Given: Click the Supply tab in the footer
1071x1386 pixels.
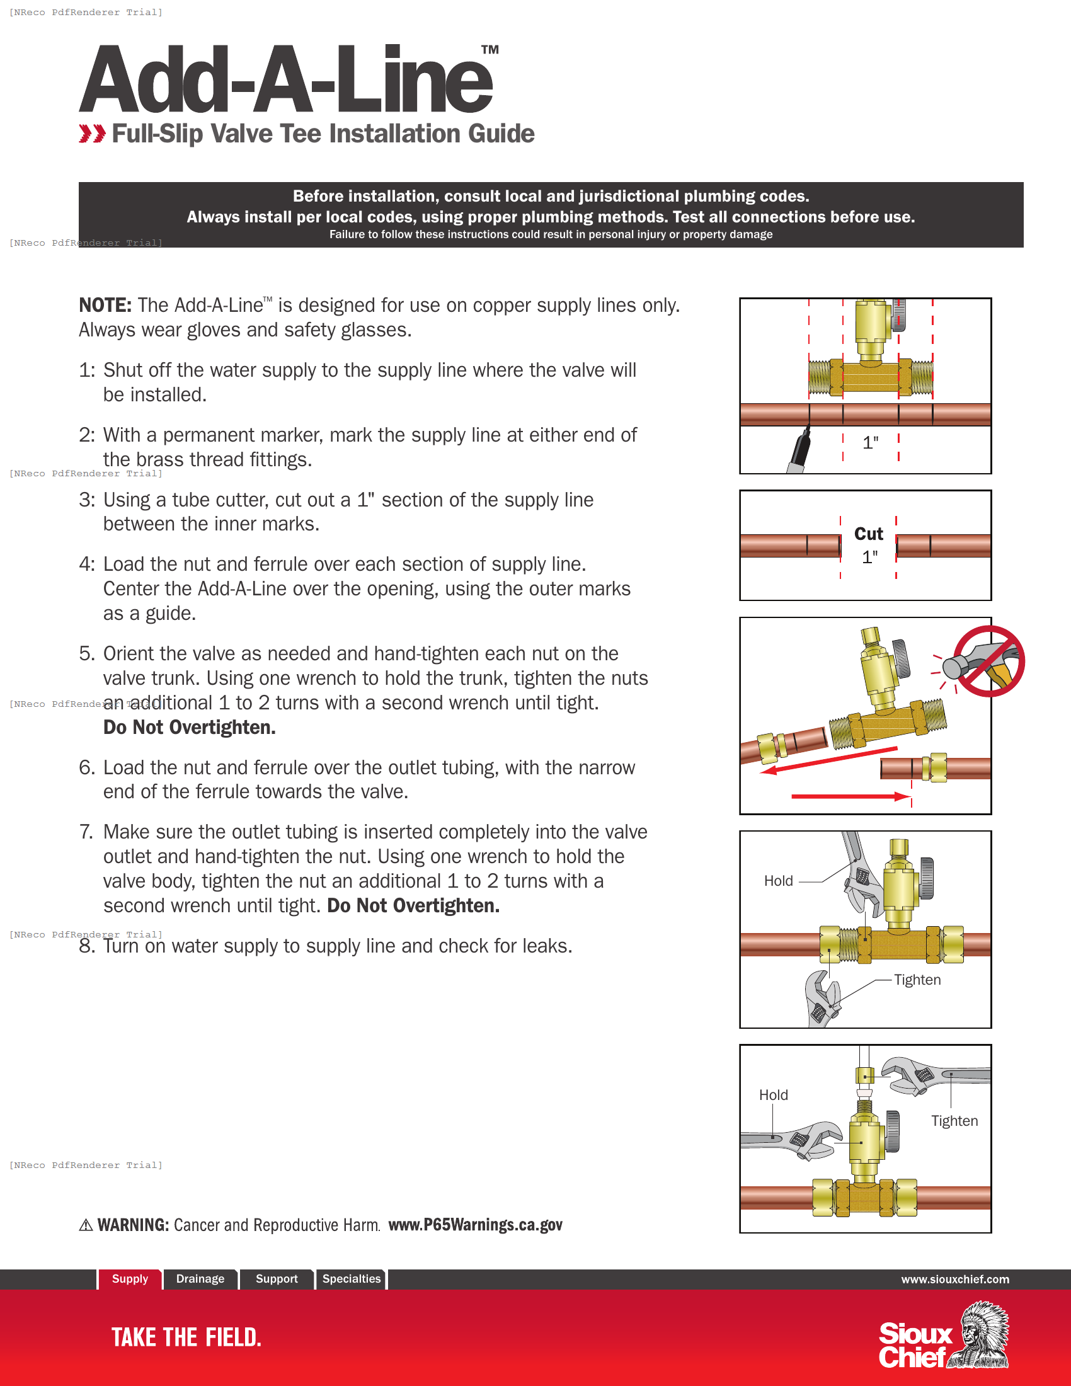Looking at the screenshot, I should point(129,1279).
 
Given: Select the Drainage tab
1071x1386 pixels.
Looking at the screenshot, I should point(200,1279).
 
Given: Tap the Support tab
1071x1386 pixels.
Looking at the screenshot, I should point(276,1279).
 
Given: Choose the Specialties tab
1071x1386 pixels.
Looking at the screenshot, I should point(351,1279).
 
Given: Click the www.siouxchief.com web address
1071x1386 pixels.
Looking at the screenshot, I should point(954,1280).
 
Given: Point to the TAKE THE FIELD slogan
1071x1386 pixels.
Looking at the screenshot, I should point(186,1337).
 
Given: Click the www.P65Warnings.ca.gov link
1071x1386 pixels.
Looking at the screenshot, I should point(474,1225).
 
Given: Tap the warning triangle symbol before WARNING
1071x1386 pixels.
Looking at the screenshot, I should point(86,1225).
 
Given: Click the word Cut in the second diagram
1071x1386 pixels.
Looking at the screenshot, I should point(868,534).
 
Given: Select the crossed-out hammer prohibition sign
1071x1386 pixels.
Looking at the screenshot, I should point(988,661).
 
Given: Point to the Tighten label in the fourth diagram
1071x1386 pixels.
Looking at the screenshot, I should point(917,980).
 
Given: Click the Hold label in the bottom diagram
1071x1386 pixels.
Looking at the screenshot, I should point(773,1095).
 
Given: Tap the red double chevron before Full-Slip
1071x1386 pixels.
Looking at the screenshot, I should point(92,134).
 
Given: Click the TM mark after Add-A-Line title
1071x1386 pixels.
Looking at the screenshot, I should point(489,50).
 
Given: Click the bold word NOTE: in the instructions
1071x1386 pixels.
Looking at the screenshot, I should point(105,306).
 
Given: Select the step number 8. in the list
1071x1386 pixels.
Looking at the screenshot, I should point(87,946).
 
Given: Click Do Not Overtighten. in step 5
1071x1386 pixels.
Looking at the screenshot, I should point(189,727).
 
